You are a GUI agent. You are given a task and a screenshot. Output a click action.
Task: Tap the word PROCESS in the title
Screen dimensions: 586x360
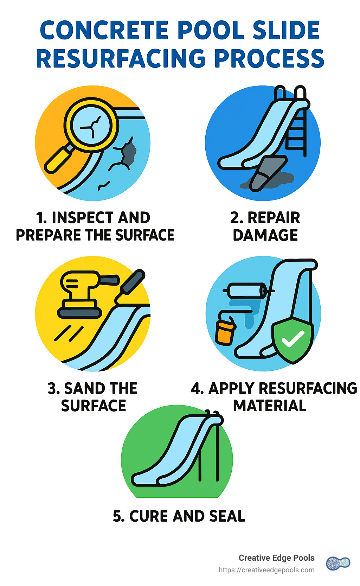click(x=269, y=58)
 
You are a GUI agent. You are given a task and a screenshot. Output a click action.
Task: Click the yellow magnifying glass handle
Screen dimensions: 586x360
click(x=58, y=160)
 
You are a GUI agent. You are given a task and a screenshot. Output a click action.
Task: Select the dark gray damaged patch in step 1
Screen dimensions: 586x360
click(x=129, y=153)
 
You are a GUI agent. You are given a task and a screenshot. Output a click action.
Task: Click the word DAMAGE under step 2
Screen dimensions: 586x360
click(x=265, y=235)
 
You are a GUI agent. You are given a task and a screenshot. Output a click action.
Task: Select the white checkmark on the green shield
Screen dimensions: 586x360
click(x=292, y=339)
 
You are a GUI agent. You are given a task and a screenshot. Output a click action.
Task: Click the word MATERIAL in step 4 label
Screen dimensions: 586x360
click(x=270, y=406)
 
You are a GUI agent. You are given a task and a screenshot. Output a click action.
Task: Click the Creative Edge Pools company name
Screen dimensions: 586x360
click(x=276, y=558)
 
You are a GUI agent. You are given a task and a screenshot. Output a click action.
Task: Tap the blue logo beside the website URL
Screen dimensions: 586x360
click(x=338, y=563)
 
